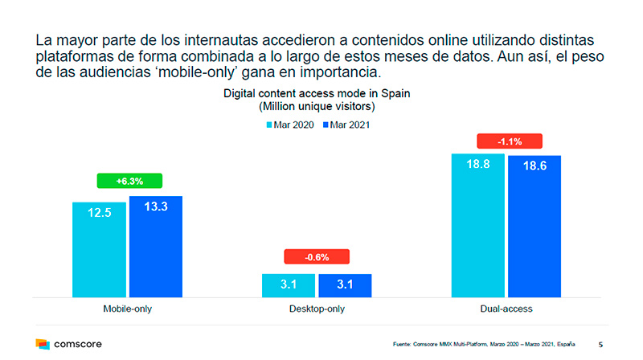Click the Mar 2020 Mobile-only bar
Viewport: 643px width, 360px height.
pos(100,249)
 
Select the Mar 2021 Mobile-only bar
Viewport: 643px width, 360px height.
pos(156,246)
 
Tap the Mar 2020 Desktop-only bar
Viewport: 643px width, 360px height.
pos(289,285)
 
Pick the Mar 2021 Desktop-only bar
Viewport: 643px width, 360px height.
pos(345,285)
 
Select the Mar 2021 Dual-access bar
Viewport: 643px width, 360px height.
pos(534,226)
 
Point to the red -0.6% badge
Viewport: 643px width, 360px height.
pos(317,258)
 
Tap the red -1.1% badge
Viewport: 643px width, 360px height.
pos(510,141)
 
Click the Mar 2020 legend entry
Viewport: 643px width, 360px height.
pos(290,125)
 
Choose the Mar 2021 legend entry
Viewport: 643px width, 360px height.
pos(346,125)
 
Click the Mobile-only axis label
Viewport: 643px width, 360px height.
pos(129,308)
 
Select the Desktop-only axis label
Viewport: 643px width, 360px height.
pos(317,308)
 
